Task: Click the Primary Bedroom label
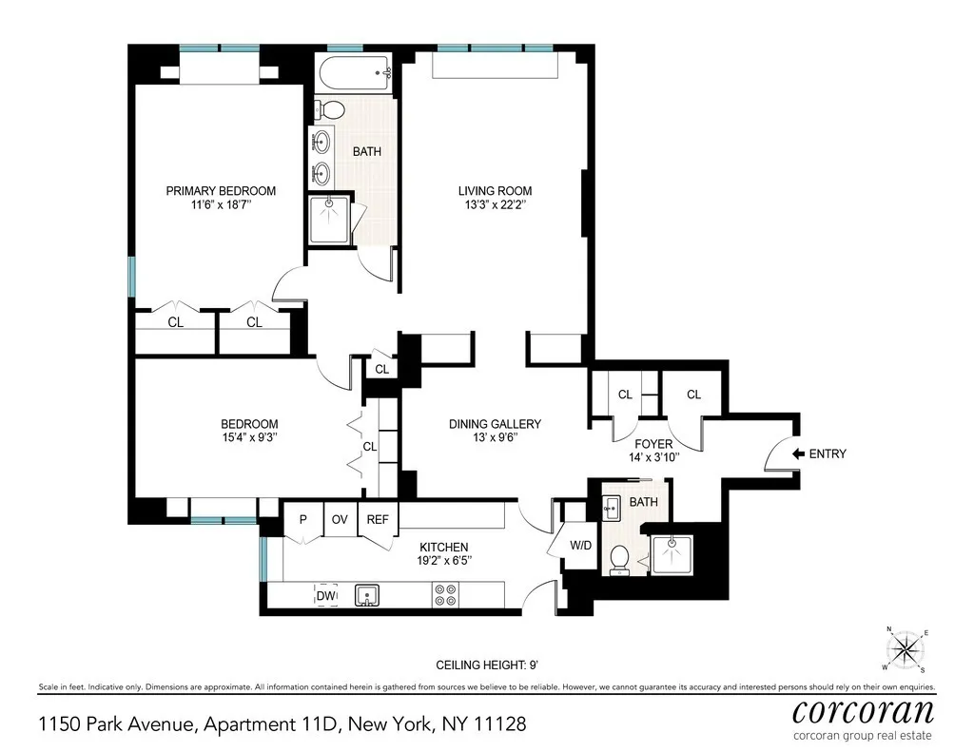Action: (x=221, y=191)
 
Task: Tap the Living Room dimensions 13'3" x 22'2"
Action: (x=495, y=205)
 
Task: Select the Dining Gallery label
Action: (x=495, y=424)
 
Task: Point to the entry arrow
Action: (x=798, y=454)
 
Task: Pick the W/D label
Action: (x=579, y=546)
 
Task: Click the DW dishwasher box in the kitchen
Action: (x=325, y=595)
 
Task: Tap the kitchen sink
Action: (x=367, y=595)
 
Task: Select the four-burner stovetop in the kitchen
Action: (x=444, y=595)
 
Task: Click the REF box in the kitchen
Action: (x=378, y=520)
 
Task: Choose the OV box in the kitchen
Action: (x=339, y=520)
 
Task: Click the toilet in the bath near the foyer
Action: (x=619, y=559)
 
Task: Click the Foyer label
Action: (x=653, y=444)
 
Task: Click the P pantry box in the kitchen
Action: (x=302, y=520)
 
